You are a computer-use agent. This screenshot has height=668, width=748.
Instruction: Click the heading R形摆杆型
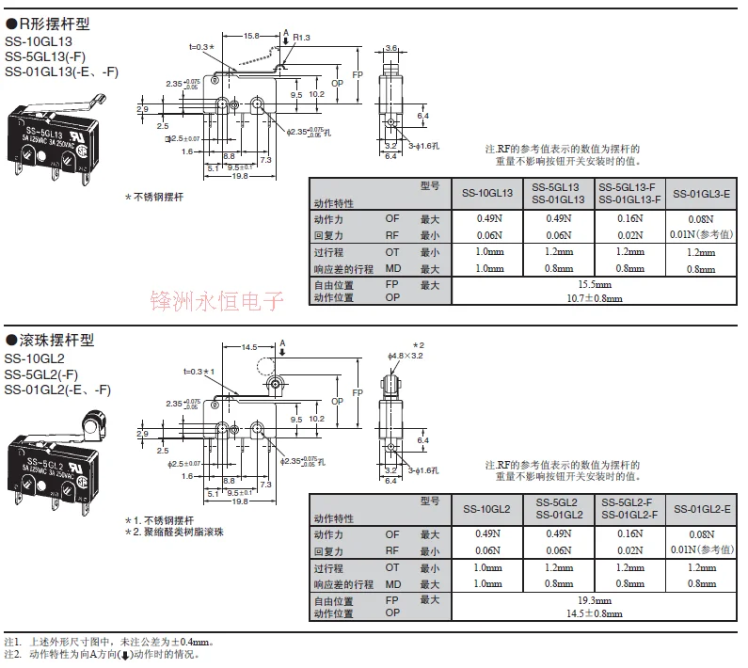coord(55,23)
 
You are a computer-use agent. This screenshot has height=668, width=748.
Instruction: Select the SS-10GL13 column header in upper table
coord(486,193)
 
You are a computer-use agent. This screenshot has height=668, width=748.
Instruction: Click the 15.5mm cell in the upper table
coord(595,284)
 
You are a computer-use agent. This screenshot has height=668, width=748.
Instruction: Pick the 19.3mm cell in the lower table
coord(595,599)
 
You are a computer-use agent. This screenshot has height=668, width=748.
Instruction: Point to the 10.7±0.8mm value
coord(595,297)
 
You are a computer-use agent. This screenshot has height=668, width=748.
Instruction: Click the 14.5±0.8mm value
coord(595,612)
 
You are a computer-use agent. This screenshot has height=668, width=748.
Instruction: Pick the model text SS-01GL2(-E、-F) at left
coord(57,390)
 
